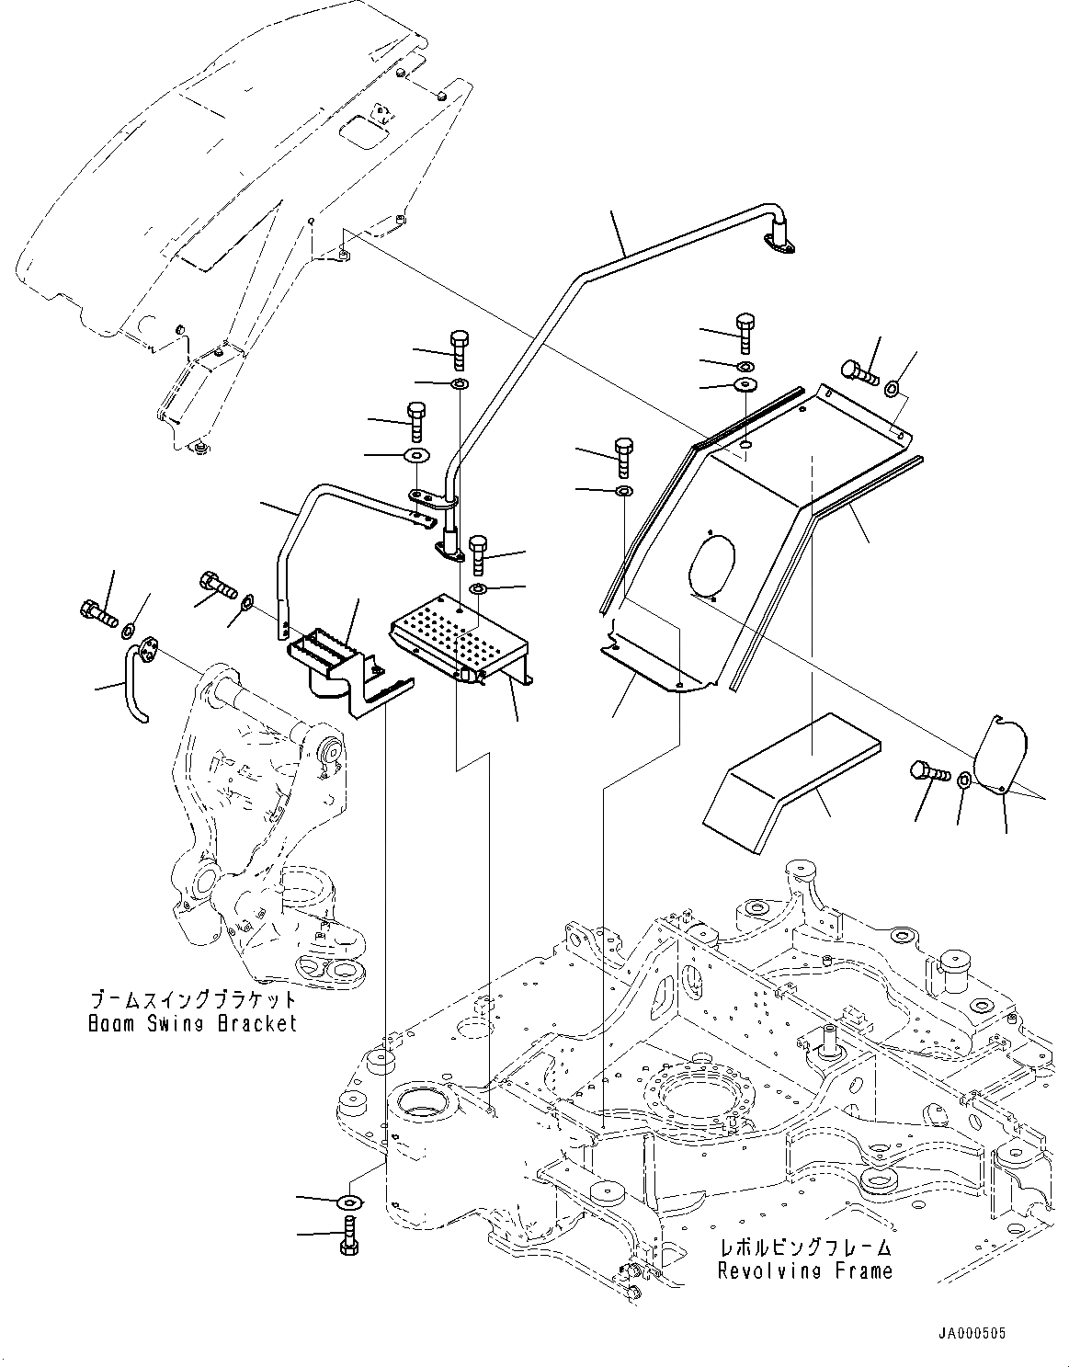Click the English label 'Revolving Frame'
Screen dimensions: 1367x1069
[804, 1270]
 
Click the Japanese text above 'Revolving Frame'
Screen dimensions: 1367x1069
[804, 1248]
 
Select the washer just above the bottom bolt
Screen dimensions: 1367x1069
[350, 1202]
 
